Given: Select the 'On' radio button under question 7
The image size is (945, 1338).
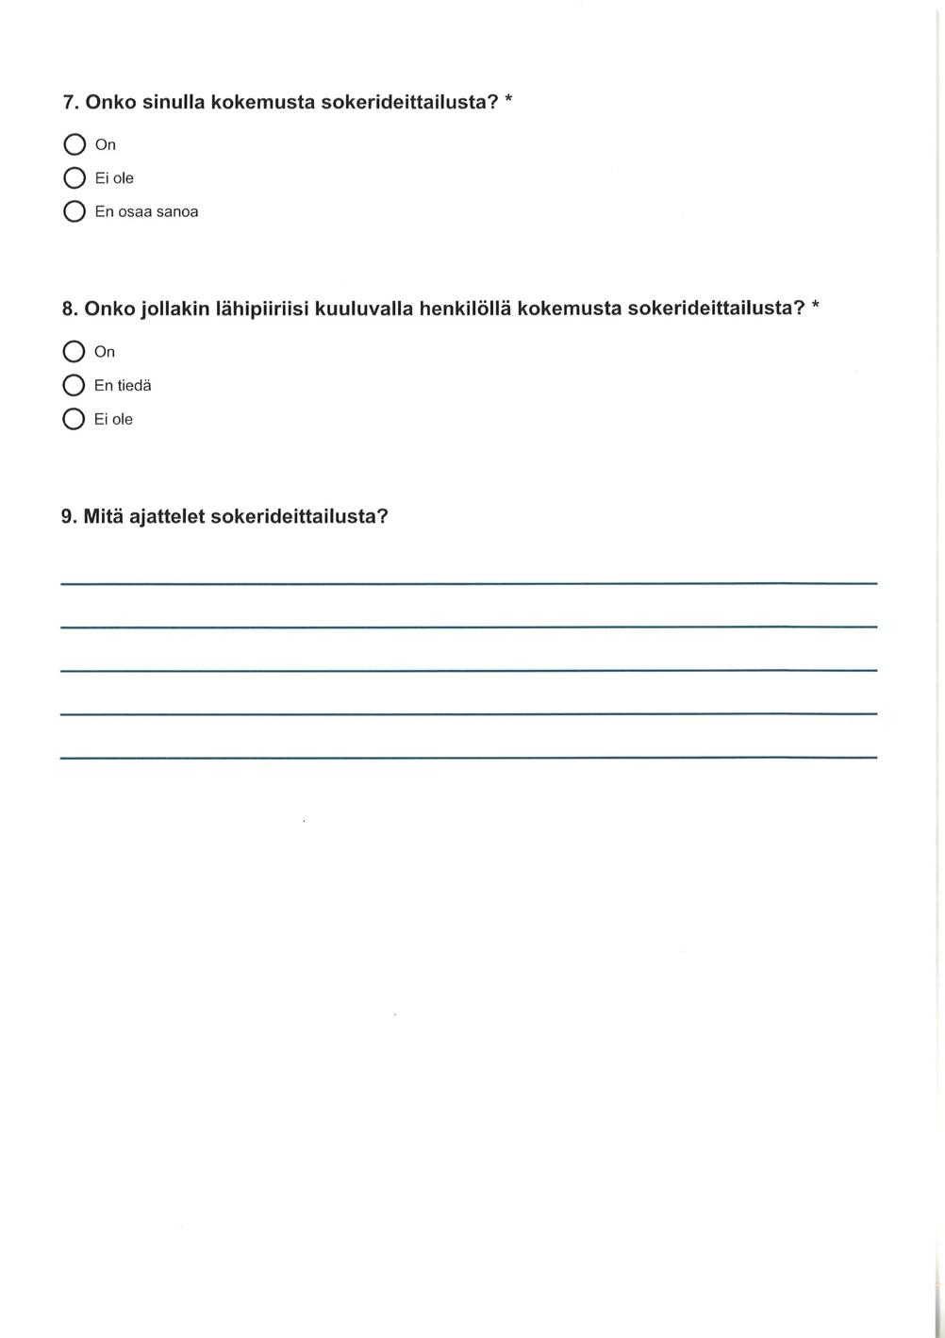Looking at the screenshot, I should (x=75, y=144).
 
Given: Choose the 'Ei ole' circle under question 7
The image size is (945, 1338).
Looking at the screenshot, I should (x=75, y=178).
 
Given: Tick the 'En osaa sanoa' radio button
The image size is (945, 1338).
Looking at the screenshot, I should (x=75, y=211).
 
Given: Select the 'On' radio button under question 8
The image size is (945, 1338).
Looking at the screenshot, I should (x=74, y=352).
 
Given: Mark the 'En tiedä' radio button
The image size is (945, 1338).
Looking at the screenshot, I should (x=74, y=386).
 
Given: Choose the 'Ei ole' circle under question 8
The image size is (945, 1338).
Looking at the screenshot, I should (x=74, y=419).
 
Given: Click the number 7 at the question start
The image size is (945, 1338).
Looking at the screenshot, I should (x=69, y=102).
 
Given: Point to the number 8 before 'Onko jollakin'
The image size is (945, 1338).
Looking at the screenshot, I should (x=68, y=309).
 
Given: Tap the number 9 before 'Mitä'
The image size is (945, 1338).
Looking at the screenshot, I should (x=68, y=517).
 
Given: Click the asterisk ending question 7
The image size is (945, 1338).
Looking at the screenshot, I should (x=508, y=99).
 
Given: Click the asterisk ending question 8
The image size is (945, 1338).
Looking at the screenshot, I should (x=816, y=306).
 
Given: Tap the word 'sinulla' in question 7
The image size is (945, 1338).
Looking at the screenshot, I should (x=173, y=102).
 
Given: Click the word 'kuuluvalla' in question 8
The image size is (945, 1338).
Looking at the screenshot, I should (x=363, y=309).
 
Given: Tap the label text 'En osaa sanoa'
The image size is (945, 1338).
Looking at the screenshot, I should (x=146, y=212).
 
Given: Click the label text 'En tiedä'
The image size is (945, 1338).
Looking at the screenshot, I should (x=123, y=386).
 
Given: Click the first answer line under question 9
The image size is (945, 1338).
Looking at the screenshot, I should (x=469, y=584).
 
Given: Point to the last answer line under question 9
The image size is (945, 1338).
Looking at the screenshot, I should (x=469, y=757).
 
